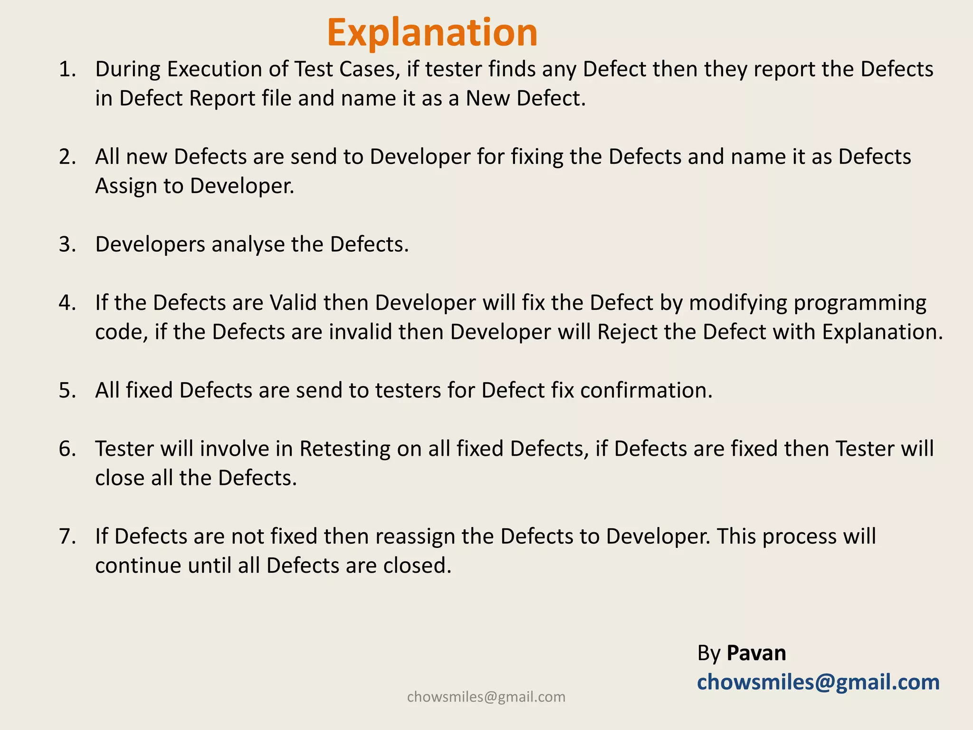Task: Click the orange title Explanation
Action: (x=432, y=32)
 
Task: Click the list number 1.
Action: (x=67, y=69)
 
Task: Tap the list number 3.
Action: (x=67, y=244)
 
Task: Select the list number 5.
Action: (x=67, y=390)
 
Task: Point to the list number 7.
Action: (x=67, y=536)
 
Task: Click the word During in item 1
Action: (x=128, y=69)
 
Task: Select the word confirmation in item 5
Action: (x=646, y=390)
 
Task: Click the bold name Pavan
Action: (x=756, y=653)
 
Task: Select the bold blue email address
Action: (x=818, y=682)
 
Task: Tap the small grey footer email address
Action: (x=486, y=697)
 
